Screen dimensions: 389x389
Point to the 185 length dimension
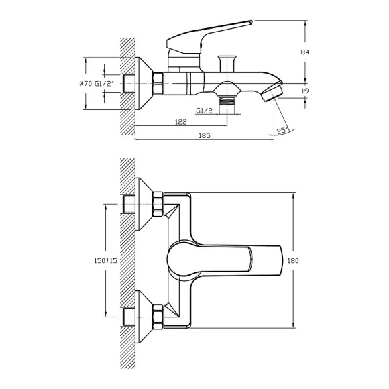click(205, 136)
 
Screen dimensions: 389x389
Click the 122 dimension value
click(180, 122)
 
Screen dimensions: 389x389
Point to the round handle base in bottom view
click(182, 259)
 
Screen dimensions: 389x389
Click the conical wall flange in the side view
click(143, 83)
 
